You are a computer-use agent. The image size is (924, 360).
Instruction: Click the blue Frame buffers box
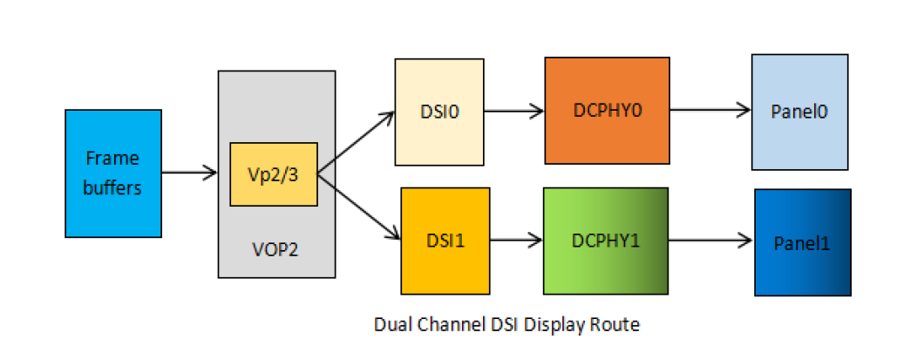click(x=113, y=173)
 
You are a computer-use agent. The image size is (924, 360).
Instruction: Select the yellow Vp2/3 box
click(x=273, y=173)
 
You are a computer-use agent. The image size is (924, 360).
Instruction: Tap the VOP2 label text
click(x=275, y=249)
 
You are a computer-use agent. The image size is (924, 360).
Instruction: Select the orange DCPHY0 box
click(x=607, y=110)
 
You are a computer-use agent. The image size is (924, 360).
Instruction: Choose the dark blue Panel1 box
click(x=802, y=241)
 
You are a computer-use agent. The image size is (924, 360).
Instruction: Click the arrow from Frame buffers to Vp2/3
click(x=189, y=173)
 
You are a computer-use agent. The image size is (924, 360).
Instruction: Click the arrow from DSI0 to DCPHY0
click(x=514, y=111)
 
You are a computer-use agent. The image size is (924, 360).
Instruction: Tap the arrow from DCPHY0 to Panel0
click(x=710, y=110)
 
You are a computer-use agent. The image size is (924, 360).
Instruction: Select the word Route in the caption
click(x=618, y=325)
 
